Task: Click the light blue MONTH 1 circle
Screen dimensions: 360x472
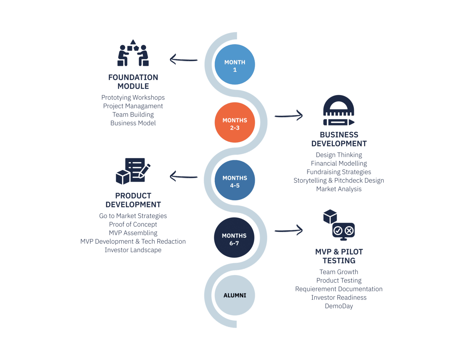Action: pos(234,65)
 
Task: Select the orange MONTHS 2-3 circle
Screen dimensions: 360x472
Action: pos(234,123)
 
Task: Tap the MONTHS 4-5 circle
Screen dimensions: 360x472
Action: pos(234,180)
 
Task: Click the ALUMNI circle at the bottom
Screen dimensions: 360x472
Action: pos(234,295)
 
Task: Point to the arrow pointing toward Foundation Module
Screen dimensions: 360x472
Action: pos(183,59)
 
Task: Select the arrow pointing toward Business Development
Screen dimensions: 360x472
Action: pos(289,116)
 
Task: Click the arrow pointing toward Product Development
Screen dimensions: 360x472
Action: pos(183,176)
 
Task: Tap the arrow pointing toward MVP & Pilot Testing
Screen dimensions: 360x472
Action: pos(289,230)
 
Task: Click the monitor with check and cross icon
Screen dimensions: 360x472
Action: pos(343,231)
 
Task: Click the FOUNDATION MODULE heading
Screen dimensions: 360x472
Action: pos(133,82)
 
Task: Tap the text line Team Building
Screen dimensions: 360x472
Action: pos(133,115)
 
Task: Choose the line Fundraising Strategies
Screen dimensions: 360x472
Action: pos(339,172)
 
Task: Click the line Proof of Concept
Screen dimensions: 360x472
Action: pos(133,224)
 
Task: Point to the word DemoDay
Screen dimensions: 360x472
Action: pos(339,306)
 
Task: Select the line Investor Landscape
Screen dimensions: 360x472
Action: pos(133,250)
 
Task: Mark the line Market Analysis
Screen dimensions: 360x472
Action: pos(339,189)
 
